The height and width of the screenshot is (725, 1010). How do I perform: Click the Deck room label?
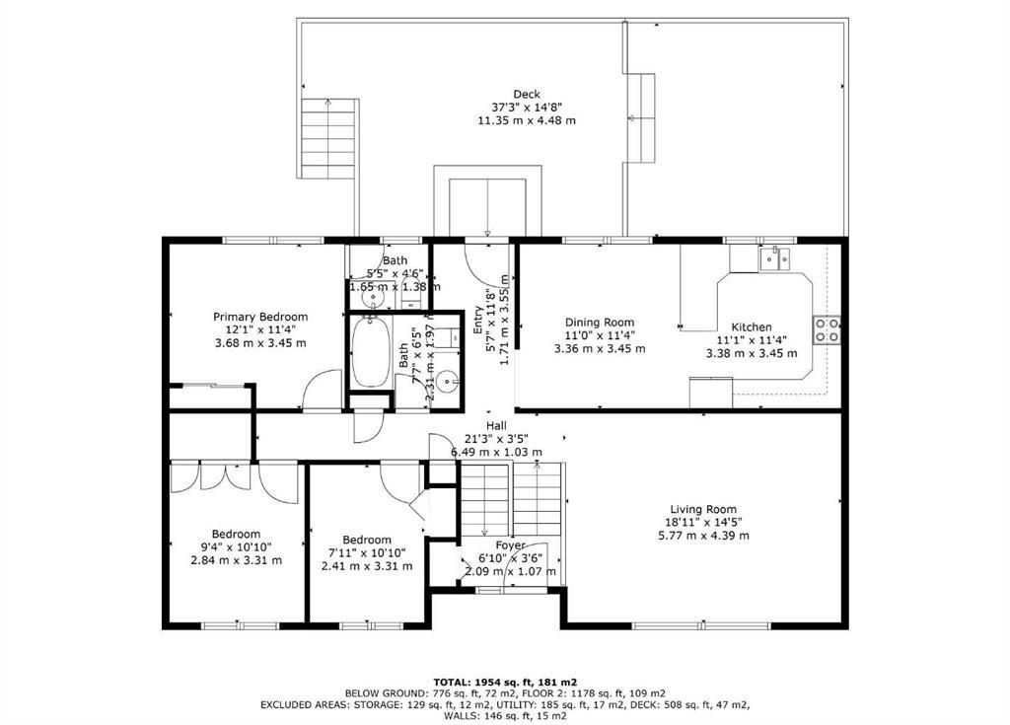(x=527, y=95)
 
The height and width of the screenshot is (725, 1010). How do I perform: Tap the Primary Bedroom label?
(x=260, y=317)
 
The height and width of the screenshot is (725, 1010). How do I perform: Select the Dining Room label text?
(x=600, y=323)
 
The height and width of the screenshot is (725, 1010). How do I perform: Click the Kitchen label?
(x=751, y=327)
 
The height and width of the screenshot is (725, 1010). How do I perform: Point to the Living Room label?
(x=703, y=510)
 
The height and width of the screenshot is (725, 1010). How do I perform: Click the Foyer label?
(x=510, y=544)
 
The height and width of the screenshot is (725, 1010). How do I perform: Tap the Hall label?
(x=496, y=425)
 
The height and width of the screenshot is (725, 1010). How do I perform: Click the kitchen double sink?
(x=776, y=258)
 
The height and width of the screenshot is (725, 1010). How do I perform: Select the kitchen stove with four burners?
(x=827, y=329)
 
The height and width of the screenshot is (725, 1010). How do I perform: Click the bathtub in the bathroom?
(x=372, y=350)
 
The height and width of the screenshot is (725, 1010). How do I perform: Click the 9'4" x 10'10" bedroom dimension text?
(x=236, y=547)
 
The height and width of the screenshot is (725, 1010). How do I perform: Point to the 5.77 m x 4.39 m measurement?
(x=703, y=536)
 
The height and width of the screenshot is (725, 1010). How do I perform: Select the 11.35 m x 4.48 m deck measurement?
(x=527, y=120)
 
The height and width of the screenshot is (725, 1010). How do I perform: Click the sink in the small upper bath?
(x=374, y=295)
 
